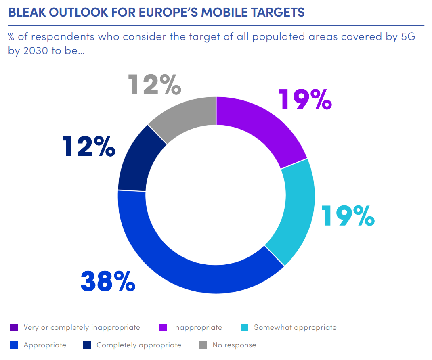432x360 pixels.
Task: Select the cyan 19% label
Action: [348, 216]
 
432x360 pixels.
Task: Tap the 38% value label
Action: [108, 281]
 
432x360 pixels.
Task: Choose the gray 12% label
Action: [154, 84]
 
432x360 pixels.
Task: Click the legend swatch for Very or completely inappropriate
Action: [14, 327]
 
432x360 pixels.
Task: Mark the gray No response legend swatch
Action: [203, 345]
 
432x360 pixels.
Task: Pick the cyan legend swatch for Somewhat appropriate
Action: [244, 327]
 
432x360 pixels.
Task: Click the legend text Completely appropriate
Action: [138, 345]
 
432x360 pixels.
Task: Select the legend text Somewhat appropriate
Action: [295, 327]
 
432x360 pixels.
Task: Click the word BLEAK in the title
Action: [25, 13]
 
